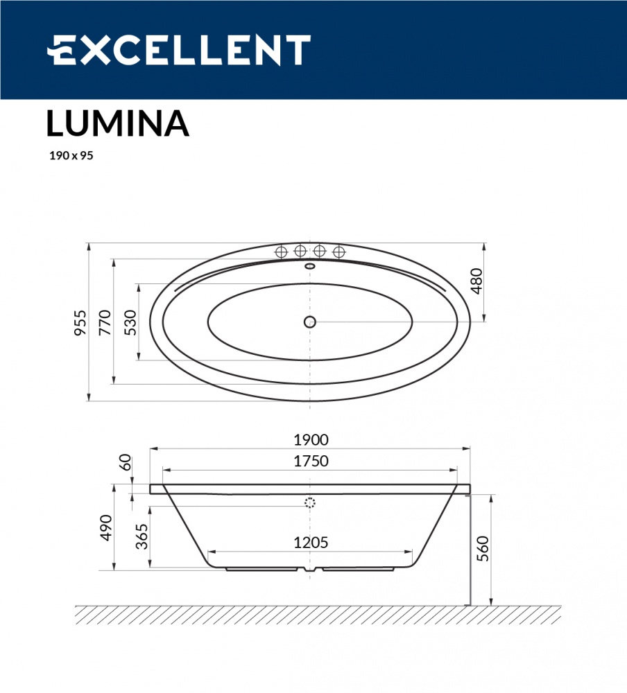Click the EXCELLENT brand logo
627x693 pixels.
178,50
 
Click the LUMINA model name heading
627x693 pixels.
117,123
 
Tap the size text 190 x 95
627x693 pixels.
70,156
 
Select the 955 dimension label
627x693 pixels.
81,322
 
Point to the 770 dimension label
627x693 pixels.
105,322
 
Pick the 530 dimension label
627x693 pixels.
130,322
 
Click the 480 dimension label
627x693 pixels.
475,281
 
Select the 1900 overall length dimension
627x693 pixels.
310,439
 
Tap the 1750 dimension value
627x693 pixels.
310,461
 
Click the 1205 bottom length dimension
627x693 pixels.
310,543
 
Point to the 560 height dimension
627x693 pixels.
483,549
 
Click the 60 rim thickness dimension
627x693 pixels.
126,462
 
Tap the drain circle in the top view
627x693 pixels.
310,322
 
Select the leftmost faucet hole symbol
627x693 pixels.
282,252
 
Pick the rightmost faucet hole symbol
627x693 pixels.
338,252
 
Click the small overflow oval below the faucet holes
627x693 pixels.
310,265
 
